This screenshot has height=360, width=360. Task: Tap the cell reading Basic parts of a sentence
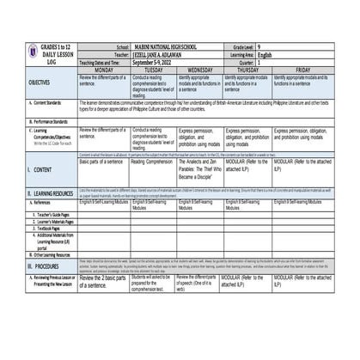pos(102,161)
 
